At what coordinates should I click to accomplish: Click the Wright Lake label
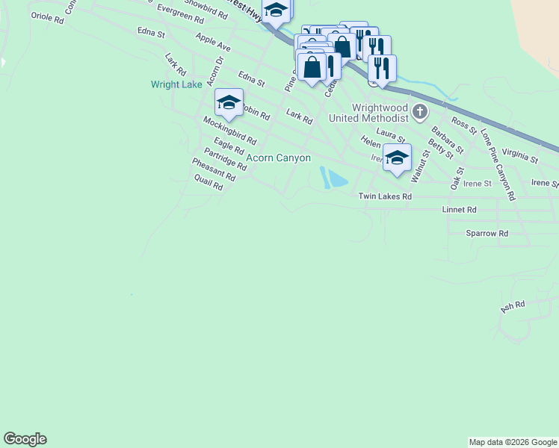pos(176,84)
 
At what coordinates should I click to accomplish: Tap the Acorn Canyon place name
pos(278,158)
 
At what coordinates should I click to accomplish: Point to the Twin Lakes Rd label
pos(385,196)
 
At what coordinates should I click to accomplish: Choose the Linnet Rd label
pos(459,211)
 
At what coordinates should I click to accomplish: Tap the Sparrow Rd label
pos(487,234)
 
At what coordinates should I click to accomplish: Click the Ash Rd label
pos(513,305)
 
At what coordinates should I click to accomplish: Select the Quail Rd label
pos(208,182)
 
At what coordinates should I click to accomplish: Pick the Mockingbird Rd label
pos(229,130)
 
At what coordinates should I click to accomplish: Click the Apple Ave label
pos(213,42)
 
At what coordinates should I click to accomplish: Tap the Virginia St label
pos(520,156)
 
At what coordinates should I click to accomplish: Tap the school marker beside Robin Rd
pos(229,103)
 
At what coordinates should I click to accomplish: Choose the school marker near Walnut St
pos(397,158)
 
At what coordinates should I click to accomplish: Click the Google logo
pos(25,439)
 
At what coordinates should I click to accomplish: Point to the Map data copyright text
pos(513,442)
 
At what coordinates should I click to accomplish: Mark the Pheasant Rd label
pos(213,170)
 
